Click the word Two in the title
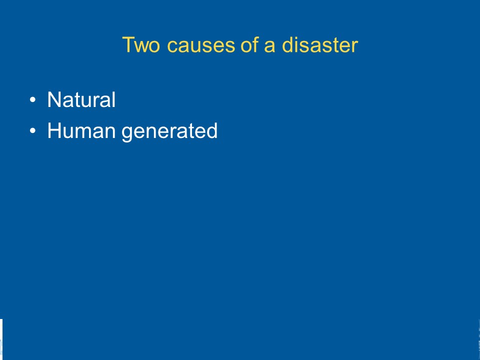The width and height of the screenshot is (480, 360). (141, 45)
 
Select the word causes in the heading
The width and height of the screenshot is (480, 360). (201, 45)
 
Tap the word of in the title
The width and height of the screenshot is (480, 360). (249, 44)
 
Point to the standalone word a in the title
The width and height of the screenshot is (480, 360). (269, 46)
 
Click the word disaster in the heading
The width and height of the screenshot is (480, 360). (319, 44)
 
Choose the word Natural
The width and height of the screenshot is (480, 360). (81, 99)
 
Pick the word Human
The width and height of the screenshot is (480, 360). (81, 130)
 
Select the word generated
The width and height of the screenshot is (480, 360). (169, 132)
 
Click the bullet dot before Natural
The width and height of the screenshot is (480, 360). (33, 100)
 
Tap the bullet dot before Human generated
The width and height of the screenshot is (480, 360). (33, 131)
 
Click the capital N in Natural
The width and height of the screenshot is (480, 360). (54, 99)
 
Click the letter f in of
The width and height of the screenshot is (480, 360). (254, 44)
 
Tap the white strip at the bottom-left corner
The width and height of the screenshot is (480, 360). (1, 339)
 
